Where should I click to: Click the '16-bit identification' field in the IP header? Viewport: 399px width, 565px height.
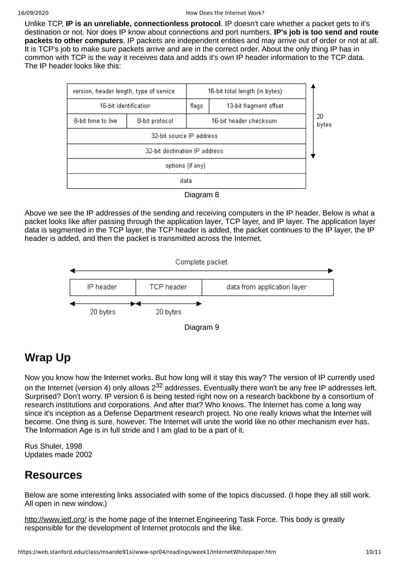(x=125, y=106)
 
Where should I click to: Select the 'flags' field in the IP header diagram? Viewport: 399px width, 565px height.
(x=196, y=106)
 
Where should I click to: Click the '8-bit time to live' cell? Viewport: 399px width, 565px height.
(x=96, y=121)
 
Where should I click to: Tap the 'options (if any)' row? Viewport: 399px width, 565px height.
(x=185, y=166)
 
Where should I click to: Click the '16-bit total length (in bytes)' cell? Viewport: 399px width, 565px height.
(x=245, y=91)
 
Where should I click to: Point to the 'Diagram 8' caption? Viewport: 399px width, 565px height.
(x=201, y=195)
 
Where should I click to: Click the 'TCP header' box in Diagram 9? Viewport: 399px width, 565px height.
(x=168, y=287)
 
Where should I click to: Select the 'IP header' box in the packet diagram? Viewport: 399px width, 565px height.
(x=102, y=287)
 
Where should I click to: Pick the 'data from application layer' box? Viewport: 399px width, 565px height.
(x=266, y=287)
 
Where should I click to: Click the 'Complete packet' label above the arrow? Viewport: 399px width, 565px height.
(x=201, y=262)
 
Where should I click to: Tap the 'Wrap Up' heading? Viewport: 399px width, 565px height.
(x=48, y=358)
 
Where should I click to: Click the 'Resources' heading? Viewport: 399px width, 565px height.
(x=53, y=475)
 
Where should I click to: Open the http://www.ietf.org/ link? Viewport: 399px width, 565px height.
(x=55, y=519)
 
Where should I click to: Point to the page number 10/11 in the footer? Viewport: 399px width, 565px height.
(x=373, y=552)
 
